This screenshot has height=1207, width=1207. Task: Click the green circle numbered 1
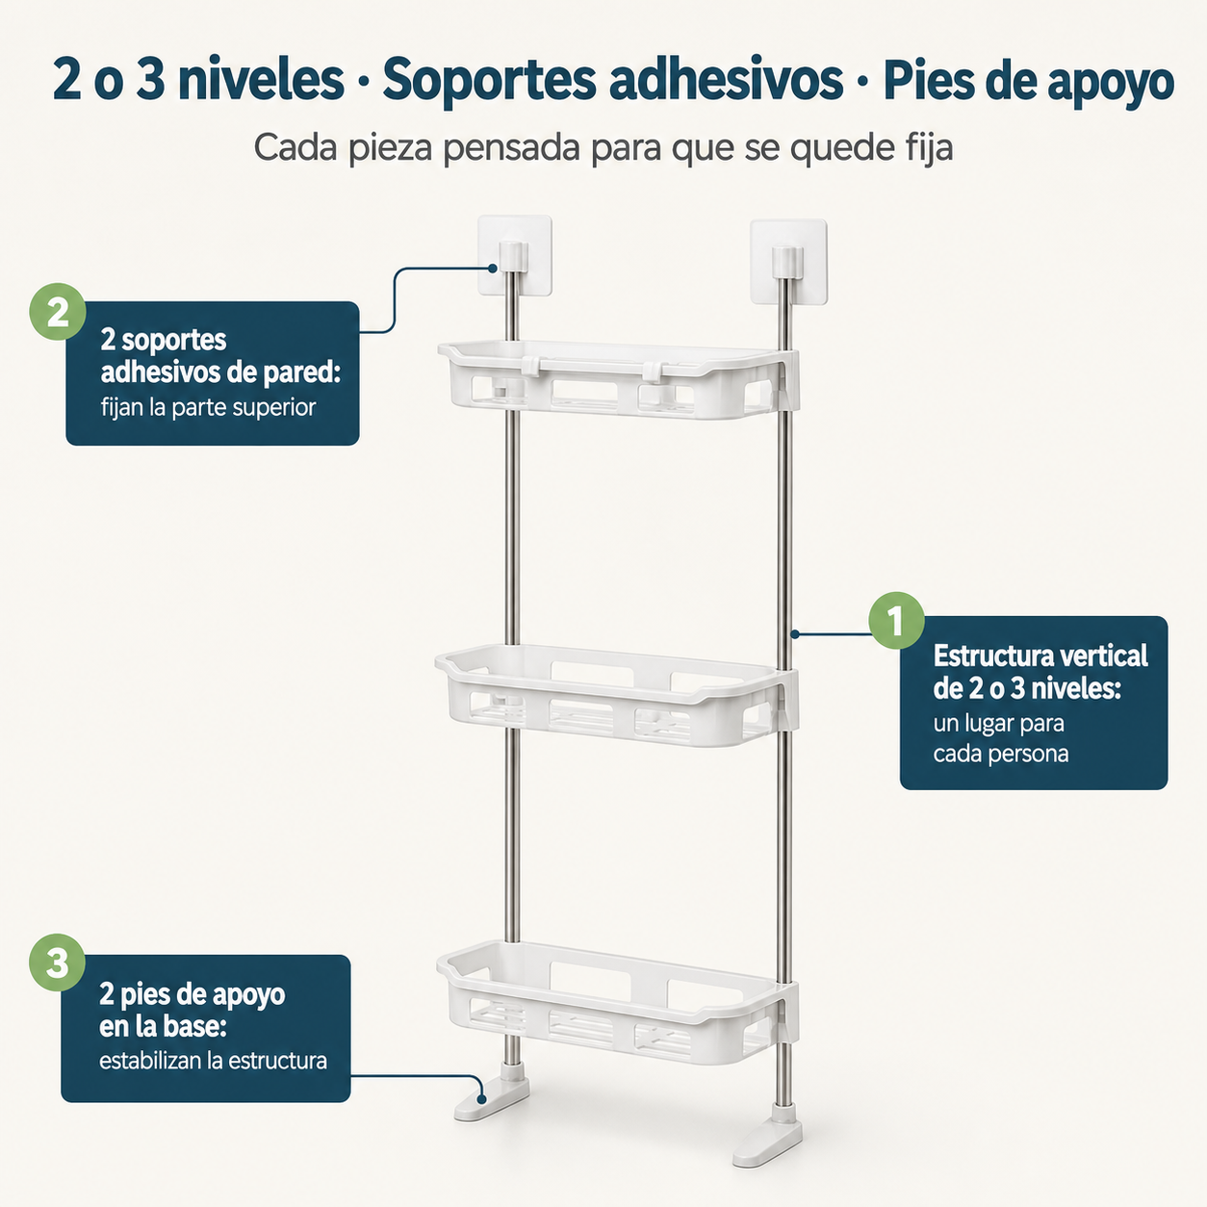coord(896,620)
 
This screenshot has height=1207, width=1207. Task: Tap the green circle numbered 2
coord(58,312)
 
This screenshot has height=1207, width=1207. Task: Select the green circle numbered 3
coord(57,963)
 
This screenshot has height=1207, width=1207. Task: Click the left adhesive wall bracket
coord(515,255)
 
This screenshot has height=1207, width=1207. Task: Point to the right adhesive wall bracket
coord(788,262)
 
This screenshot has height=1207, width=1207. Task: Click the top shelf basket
coord(618,379)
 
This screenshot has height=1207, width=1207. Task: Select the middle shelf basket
coord(617,695)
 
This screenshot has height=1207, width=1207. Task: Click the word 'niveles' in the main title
coord(261,80)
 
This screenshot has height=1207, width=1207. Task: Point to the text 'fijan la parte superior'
coord(208,408)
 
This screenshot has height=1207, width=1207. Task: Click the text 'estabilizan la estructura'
coord(213,1061)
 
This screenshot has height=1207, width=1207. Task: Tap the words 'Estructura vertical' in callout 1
coord(1040,655)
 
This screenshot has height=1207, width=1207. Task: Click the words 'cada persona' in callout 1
coord(1001,754)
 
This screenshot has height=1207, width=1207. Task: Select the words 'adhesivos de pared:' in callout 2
coord(220,372)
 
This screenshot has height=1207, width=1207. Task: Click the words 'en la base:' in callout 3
coord(163,1027)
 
